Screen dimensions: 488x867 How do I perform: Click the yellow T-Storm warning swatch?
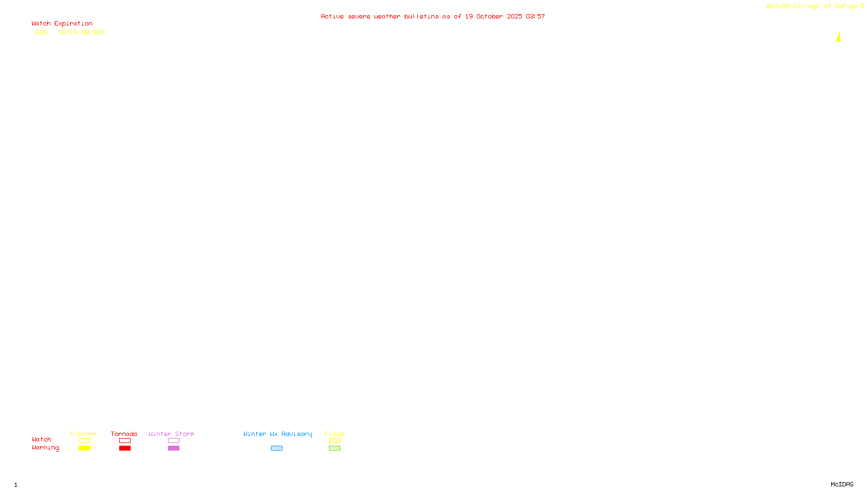pyautogui.click(x=84, y=448)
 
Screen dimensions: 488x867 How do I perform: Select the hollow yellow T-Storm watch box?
pyautogui.click(x=84, y=441)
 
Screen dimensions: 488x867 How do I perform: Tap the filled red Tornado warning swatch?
pyautogui.click(x=125, y=448)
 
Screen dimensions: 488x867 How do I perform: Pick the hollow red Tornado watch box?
pyautogui.click(x=125, y=441)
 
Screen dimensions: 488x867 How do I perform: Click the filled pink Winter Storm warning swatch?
pyautogui.click(x=173, y=448)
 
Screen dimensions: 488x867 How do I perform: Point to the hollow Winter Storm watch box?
pyautogui.click(x=173, y=441)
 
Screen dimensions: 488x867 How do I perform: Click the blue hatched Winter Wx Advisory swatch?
pyautogui.click(x=276, y=448)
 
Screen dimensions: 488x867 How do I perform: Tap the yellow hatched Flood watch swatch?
pyautogui.click(x=334, y=441)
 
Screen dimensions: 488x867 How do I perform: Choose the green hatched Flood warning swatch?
pyautogui.click(x=334, y=448)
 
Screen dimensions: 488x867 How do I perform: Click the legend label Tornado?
pyautogui.click(x=124, y=434)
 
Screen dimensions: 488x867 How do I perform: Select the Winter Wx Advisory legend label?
pyautogui.click(x=277, y=434)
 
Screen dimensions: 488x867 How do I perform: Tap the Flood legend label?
pyautogui.click(x=334, y=434)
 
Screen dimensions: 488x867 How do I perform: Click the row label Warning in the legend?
pyautogui.click(x=45, y=448)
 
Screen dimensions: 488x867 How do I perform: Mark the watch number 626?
pyautogui.click(x=41, y=32)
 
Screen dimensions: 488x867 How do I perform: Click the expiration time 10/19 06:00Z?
pyautogui.click(x=81, y=32)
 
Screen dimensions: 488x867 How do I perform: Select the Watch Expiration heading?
pyautogui.click(x=62, y=24)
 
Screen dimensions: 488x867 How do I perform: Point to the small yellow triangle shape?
pyautogui.click(x=838, y=37)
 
